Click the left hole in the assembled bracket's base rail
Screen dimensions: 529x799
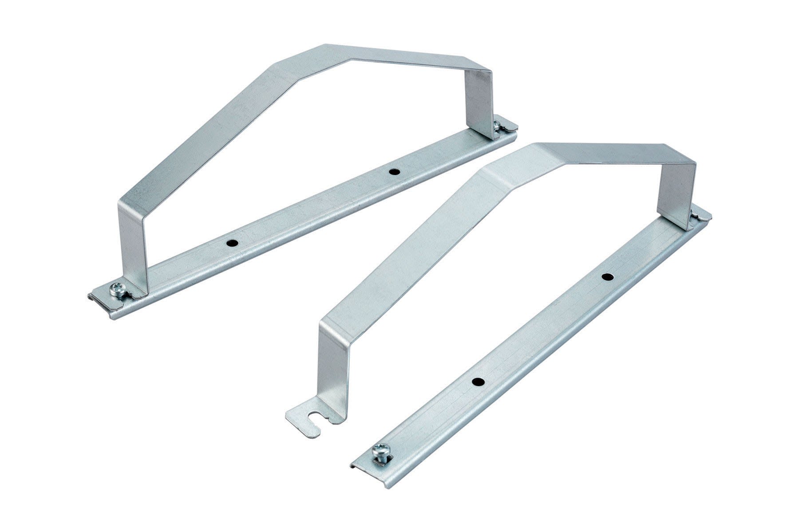point(231,243)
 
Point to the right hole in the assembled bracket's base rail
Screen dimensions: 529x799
point(392,171)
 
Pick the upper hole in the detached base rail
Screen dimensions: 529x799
point(607,277)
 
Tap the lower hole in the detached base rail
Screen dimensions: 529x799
point(477,382)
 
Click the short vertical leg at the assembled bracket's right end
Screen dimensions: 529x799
point(479,102)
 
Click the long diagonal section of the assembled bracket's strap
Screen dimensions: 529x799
point(209,133)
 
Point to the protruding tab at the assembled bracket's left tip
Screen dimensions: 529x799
point(94,297)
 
